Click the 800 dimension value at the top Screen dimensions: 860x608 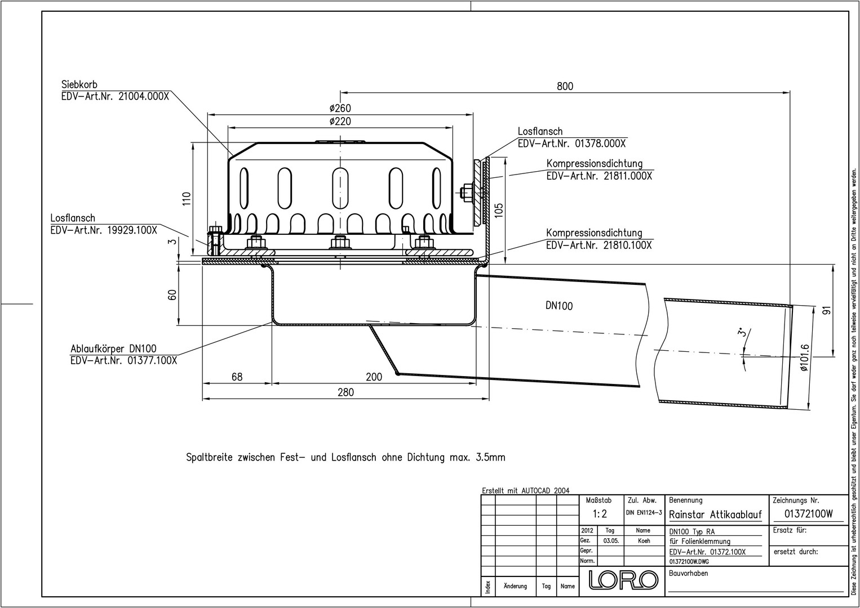coord(565,86)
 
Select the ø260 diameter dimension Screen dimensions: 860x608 coord(340,108)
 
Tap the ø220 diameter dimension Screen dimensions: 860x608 coord(340,121)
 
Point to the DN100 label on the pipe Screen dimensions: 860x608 coord(559,306)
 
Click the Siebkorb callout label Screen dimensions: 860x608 coord(79,84)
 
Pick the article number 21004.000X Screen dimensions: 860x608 coord(144,96)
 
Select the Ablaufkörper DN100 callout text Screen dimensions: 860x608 coord(114,348)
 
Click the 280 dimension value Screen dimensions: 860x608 coord(345,392)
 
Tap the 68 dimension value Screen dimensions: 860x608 coord(237,377)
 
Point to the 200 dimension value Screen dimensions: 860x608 coord(374,377)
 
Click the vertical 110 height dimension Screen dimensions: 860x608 coord(186,199)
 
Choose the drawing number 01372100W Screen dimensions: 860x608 coord(809,514)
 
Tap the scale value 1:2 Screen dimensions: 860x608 coord(600,513)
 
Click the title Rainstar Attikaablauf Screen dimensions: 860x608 coord(715,515)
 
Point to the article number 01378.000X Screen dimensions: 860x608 coord(600,144)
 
